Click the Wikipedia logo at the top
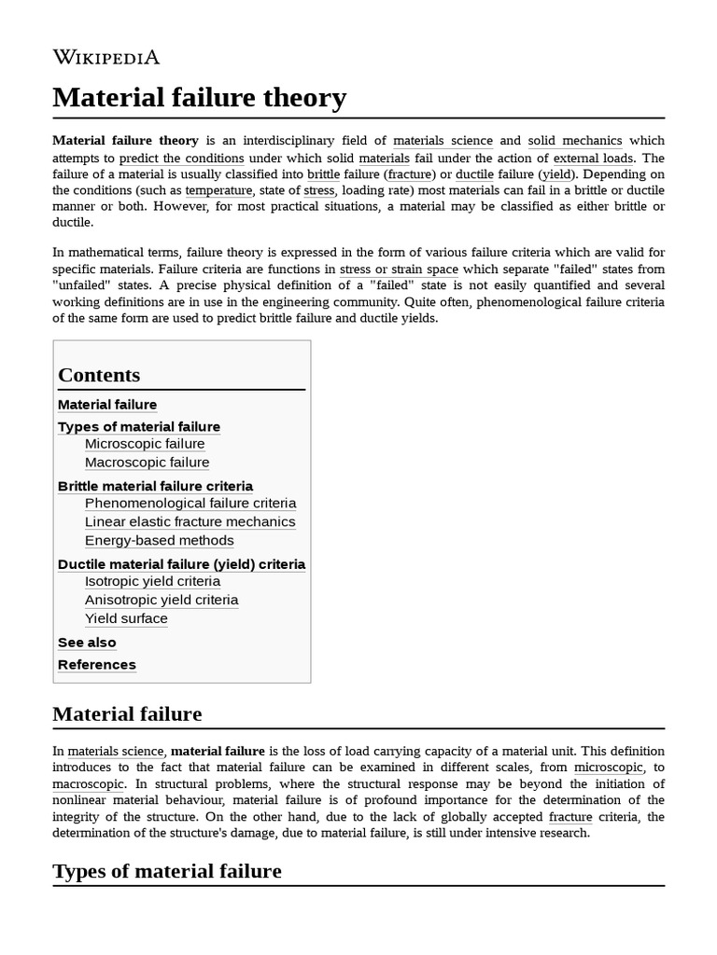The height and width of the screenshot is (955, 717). [105, 57]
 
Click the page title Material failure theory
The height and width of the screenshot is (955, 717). [199, 97]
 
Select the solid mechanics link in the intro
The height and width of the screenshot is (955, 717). [574, 141]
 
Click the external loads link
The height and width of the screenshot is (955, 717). [593, 159]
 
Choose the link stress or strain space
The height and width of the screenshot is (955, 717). [399, 270]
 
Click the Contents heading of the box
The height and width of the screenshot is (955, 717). [99, 375]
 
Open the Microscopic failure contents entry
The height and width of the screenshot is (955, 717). [145, 444]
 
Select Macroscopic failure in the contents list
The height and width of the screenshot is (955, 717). [147, 463]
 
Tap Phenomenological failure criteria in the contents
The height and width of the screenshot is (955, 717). [190, 504]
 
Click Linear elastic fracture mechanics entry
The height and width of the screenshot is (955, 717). [190, 522]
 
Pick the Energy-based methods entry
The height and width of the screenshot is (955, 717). [159, 541]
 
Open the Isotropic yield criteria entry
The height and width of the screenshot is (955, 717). [152, 582]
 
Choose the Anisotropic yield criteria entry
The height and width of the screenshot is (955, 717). [161, 601]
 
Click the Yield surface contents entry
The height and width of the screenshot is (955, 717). [126, 619]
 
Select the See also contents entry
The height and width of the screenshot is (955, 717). [87, 643]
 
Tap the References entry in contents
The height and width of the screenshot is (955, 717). [96, 665]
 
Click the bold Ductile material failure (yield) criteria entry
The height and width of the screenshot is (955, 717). [181, 564]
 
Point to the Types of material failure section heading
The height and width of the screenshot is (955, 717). [167, 871]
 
